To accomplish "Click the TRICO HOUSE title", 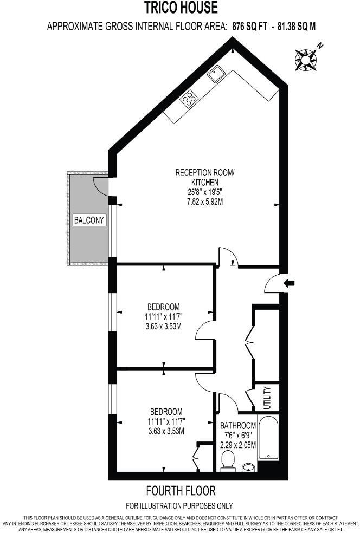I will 181,8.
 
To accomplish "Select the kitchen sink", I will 217,71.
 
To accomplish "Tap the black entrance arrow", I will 290,282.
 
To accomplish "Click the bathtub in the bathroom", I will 268,438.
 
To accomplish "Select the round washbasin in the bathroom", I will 249,466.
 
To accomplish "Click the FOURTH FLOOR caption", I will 181,491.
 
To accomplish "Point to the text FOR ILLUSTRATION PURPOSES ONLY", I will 179,506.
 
